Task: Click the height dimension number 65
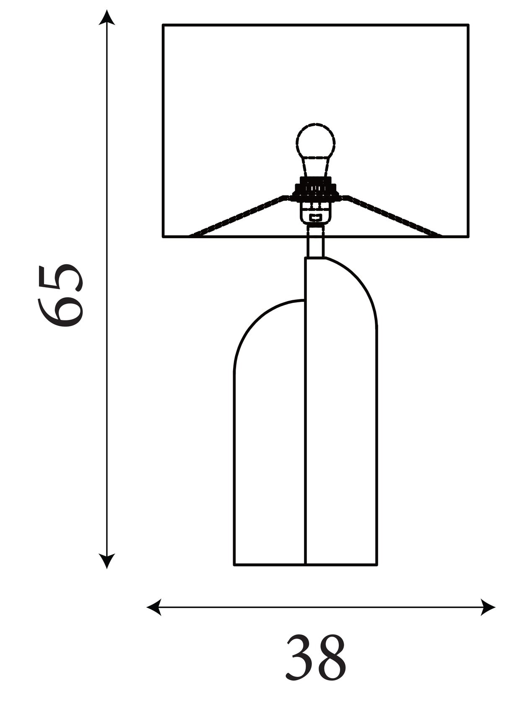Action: coord(61,296)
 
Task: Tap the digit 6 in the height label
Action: coord(61,312)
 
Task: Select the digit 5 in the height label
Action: coord(61,278)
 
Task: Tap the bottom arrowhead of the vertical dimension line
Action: coord(107,561)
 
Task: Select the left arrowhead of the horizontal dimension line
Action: coord(154,607)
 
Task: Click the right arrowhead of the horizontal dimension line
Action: coord(488,607)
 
